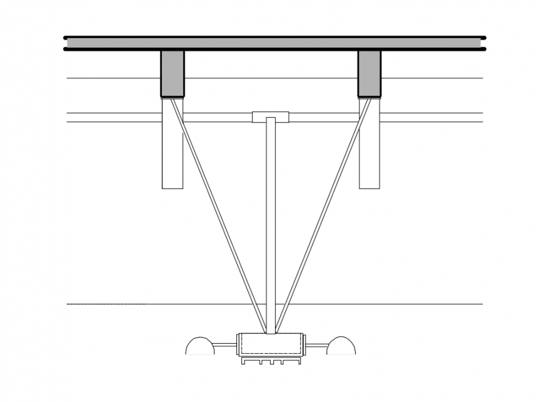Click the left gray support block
[172, 73]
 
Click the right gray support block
[369, 73]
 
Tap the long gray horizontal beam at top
[275, 43]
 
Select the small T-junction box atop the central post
[270, 116]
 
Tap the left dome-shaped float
[200, 346]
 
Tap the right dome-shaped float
[341, 346]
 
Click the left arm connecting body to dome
[224, 344]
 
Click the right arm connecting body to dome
[316, 344]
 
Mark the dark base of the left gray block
[172, 97]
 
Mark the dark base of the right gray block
[369, 97]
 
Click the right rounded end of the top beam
[483, 43]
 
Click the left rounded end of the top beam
[66, 43]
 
